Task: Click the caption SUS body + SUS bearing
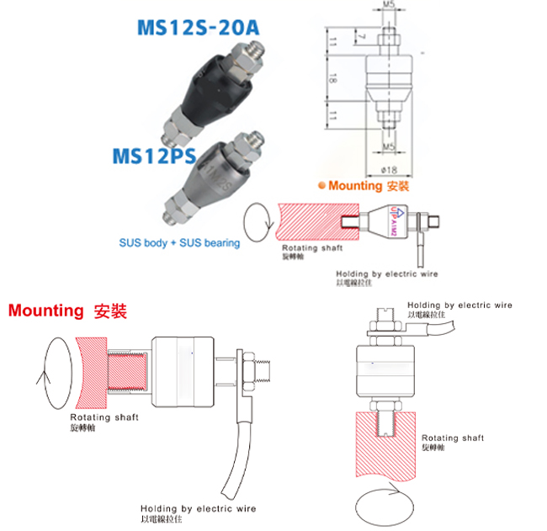(178, 243)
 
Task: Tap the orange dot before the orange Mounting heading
(320, 186)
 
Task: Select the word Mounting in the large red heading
(45, 311)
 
